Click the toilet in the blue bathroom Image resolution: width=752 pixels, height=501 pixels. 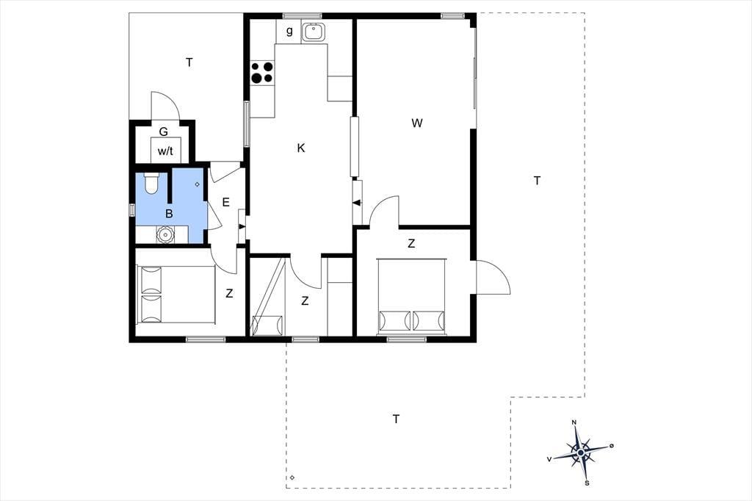(x=151, y=183)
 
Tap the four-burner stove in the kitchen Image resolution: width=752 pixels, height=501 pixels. (x=262, y=72)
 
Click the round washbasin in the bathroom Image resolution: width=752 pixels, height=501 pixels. (x=165, y=234)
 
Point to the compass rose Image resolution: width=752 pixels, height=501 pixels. (x=581, y=452)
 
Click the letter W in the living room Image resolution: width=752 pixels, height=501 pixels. (x=417, y=123)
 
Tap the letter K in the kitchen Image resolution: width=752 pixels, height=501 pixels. (x=301, y=148)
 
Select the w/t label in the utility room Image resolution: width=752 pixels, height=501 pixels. (x=165, y=151)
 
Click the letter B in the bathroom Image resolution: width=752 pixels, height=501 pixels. (x=169, y=214)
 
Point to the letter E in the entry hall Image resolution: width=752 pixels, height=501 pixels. (x=226, y=203)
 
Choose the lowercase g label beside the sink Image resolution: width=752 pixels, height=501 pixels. (x=289, y=31)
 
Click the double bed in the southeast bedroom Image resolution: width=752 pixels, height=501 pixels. (x=412, y=295)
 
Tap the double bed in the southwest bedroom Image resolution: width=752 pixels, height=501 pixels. (x=176, y=294)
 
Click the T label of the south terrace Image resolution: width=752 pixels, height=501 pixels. (x=396, y=419)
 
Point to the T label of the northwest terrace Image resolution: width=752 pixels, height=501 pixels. (x=189, y=62)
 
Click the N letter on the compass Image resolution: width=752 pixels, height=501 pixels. (x=574, y=422)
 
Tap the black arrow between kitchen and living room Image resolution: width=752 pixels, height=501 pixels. (x=356, y=203)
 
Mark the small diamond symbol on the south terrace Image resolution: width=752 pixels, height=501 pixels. (x=292, y=477)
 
